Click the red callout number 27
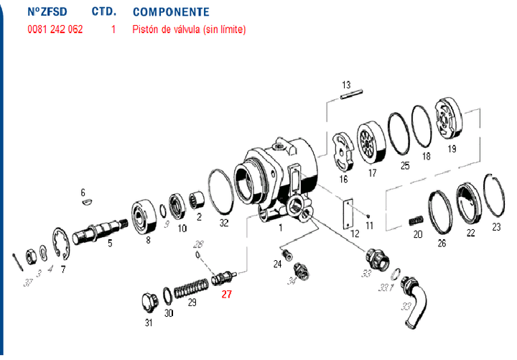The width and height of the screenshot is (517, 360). tap(226, 294)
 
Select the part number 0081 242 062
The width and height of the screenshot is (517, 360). tap(55, 29)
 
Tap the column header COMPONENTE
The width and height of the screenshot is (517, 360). tap(171, 12)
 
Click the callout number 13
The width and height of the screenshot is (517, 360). tap(345, 83)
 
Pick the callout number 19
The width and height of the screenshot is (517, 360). tap(452, 149)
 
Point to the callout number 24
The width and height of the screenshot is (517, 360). tap(277, 264)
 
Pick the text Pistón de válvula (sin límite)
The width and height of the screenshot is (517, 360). tap(189, 29)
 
